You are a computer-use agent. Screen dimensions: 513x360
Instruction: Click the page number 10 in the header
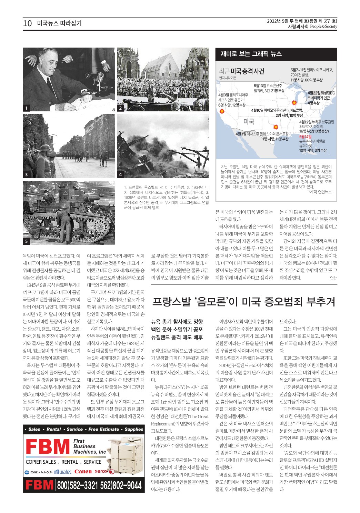(27, 23)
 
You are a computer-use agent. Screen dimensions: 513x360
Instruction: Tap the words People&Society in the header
(323, 27)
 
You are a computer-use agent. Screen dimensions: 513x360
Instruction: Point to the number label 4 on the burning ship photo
(120, 175)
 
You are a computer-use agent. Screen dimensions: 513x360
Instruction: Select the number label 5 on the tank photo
(26, 241)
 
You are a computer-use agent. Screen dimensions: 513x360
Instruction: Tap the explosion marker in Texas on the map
(276, 127)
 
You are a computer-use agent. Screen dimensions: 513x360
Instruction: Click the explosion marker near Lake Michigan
(294, 102)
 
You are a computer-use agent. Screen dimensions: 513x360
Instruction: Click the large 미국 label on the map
(249, 121)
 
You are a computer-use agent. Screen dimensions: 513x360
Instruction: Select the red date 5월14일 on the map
(305, 137)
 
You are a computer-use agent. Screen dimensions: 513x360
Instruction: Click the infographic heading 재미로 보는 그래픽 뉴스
(251, 54)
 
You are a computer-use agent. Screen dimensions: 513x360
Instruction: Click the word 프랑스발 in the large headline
(171, 302)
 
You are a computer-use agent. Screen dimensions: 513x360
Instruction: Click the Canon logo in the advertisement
(83, 471)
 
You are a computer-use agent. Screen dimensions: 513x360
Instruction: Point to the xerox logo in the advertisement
(102, 471)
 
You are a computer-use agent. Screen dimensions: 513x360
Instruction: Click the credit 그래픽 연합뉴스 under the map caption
(319, 192)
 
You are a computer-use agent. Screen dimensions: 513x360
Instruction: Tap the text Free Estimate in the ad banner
(103, 429)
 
